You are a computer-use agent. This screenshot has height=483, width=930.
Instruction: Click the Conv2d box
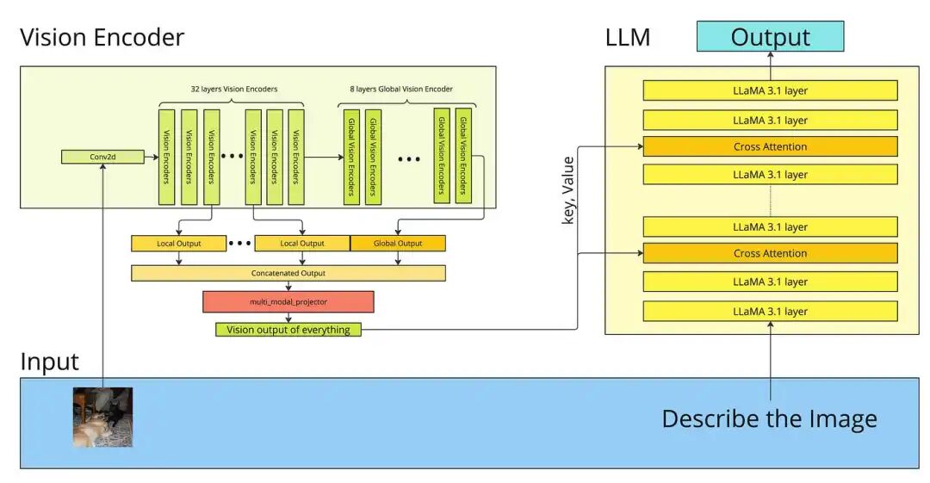102,157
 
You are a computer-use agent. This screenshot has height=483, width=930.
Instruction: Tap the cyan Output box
770,37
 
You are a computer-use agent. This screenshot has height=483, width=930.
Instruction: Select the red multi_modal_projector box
288,301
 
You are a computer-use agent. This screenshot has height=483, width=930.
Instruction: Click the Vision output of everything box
288,329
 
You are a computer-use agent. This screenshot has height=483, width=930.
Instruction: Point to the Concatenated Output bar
288,273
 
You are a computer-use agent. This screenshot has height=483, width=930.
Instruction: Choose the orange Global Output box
398,243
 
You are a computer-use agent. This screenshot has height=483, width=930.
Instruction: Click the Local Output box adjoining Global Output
302,243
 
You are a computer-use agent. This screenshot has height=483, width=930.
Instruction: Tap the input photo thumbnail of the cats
102,417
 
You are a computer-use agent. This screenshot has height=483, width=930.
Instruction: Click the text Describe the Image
769,418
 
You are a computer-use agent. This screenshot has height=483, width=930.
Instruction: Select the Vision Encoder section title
102,38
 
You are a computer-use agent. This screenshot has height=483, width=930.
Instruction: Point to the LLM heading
627,38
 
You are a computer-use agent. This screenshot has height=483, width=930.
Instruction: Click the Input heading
49,362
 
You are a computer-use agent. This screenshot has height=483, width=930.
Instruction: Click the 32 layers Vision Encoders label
232,89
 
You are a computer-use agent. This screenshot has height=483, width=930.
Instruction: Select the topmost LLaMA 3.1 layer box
770,90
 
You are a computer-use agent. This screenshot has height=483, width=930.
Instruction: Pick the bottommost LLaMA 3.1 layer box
770,311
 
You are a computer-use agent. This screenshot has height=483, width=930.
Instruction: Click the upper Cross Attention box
770,146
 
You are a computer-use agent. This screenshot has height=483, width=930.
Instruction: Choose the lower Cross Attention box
770,253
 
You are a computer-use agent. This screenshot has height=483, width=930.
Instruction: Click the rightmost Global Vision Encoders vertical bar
463,156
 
